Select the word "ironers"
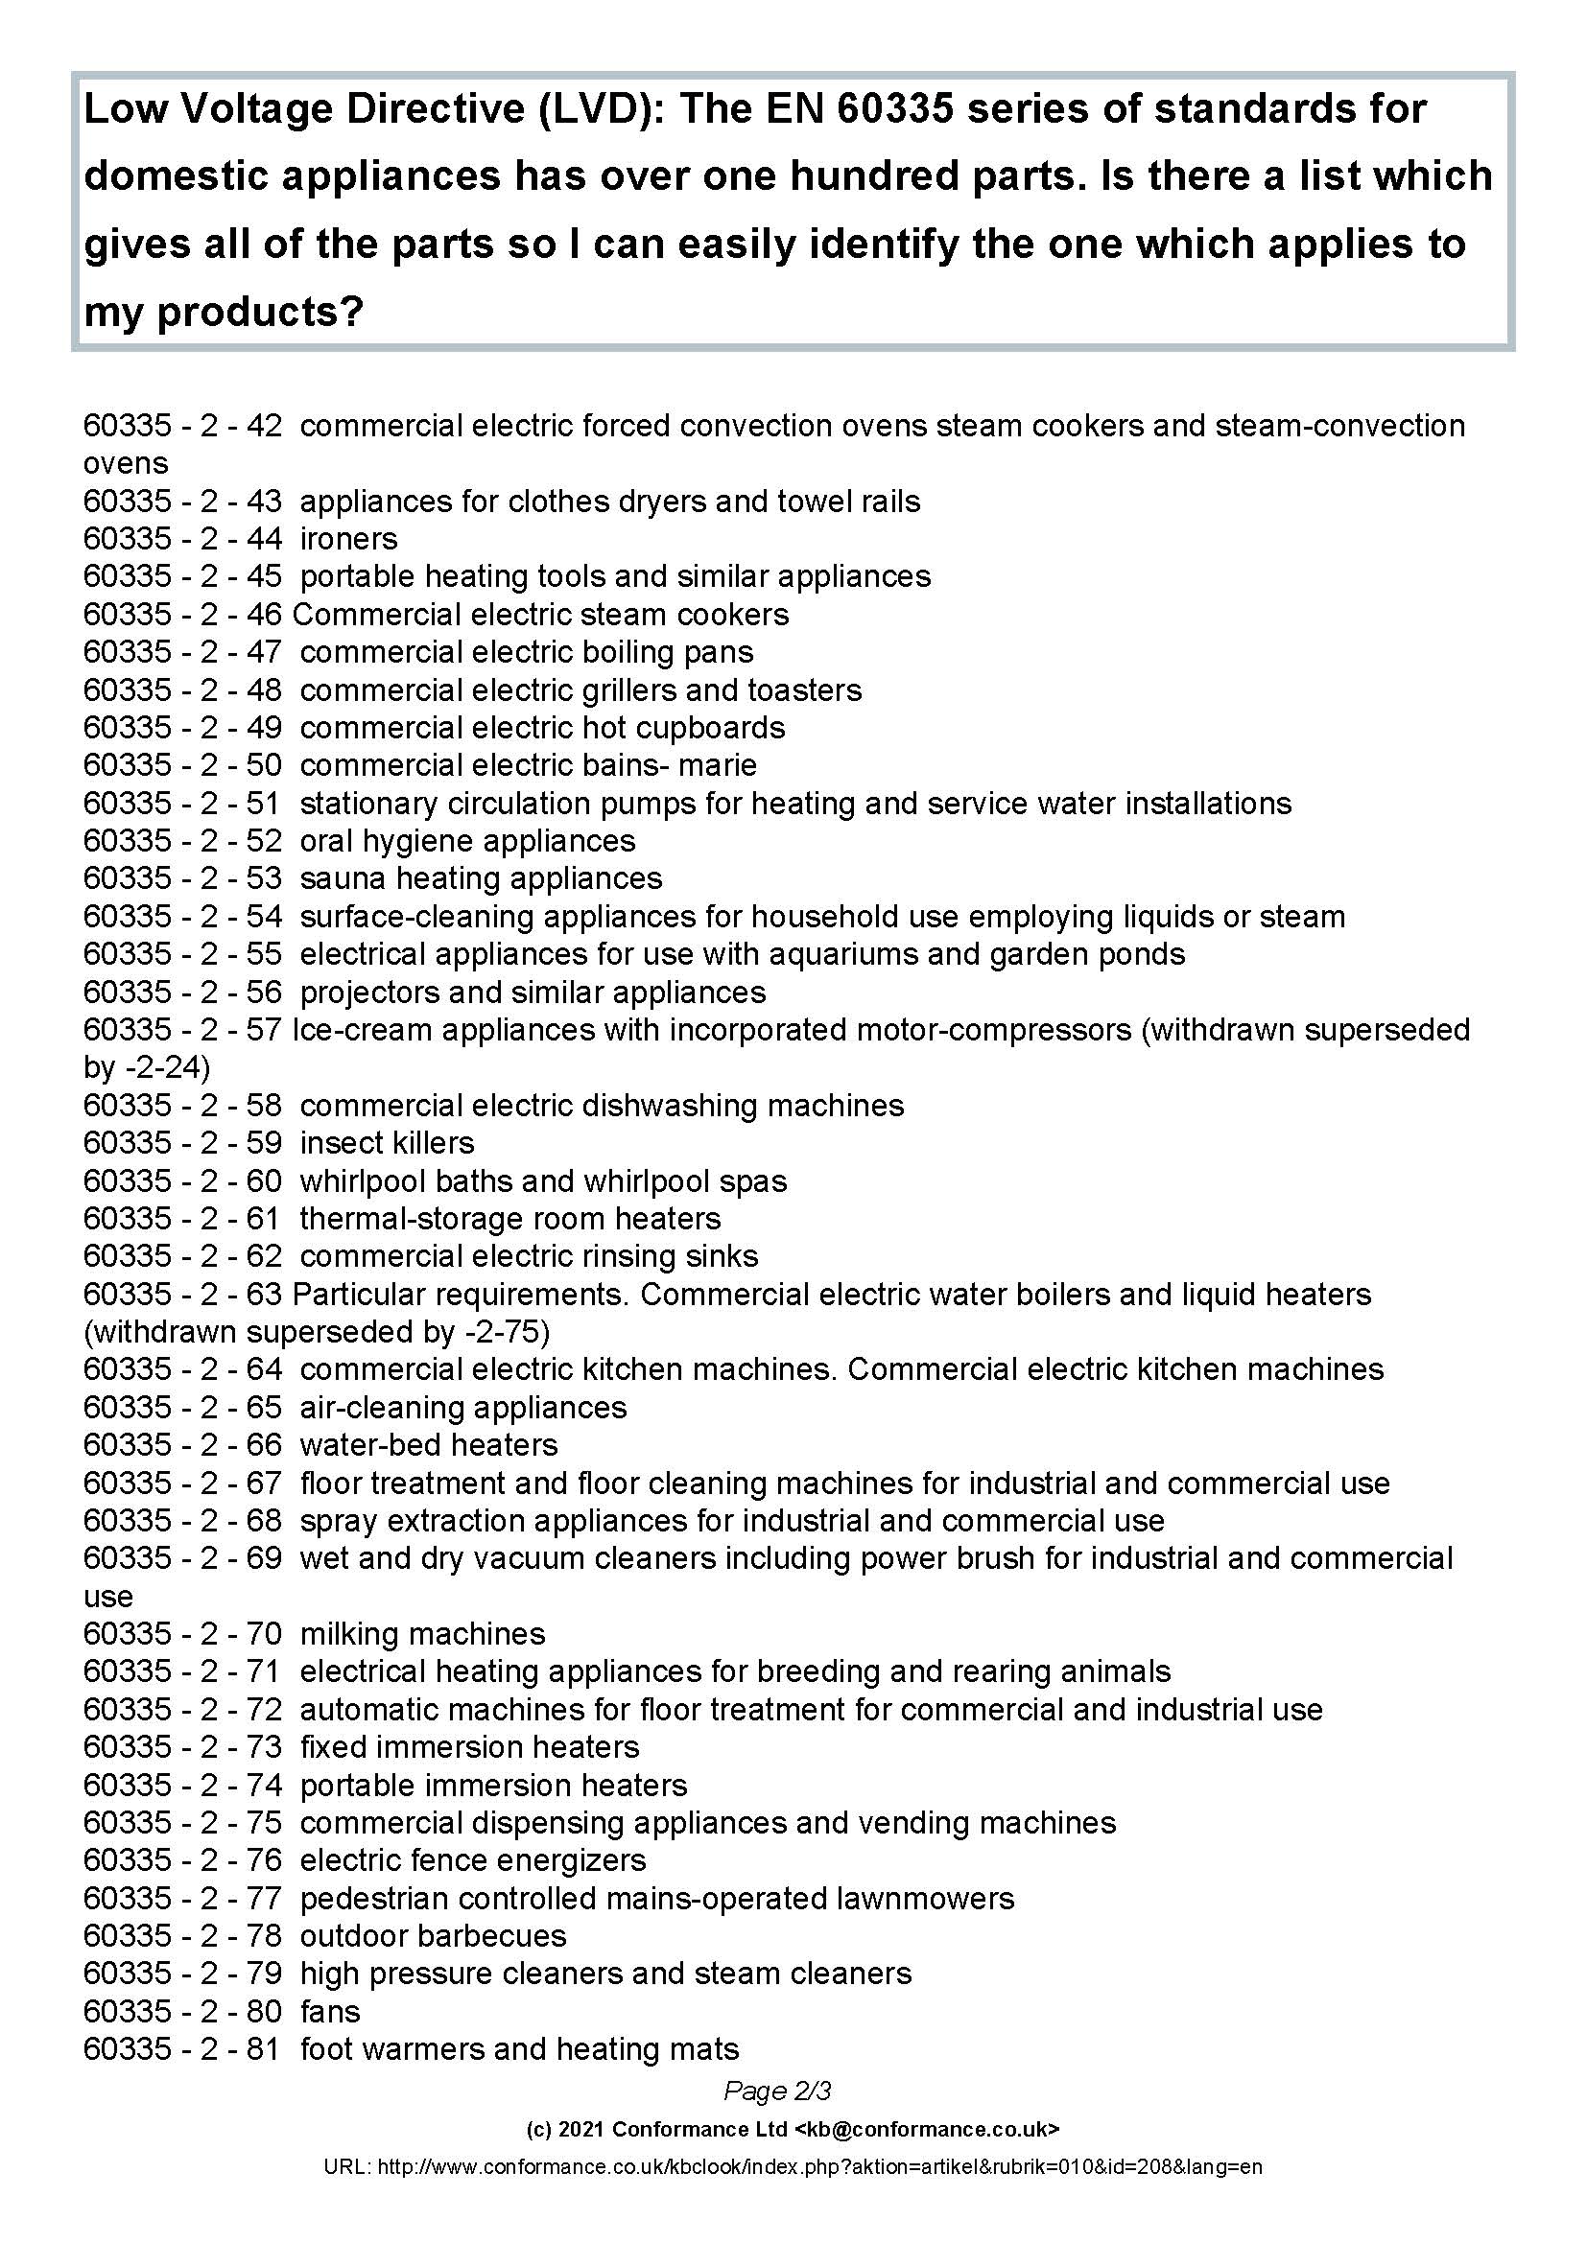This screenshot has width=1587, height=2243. (349, 538)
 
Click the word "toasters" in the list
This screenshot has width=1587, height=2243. (804, 689)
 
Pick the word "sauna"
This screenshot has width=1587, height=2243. (336, 878)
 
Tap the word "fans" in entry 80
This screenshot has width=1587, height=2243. (330, 2012)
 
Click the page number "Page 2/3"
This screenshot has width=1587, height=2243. (777, 2091)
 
